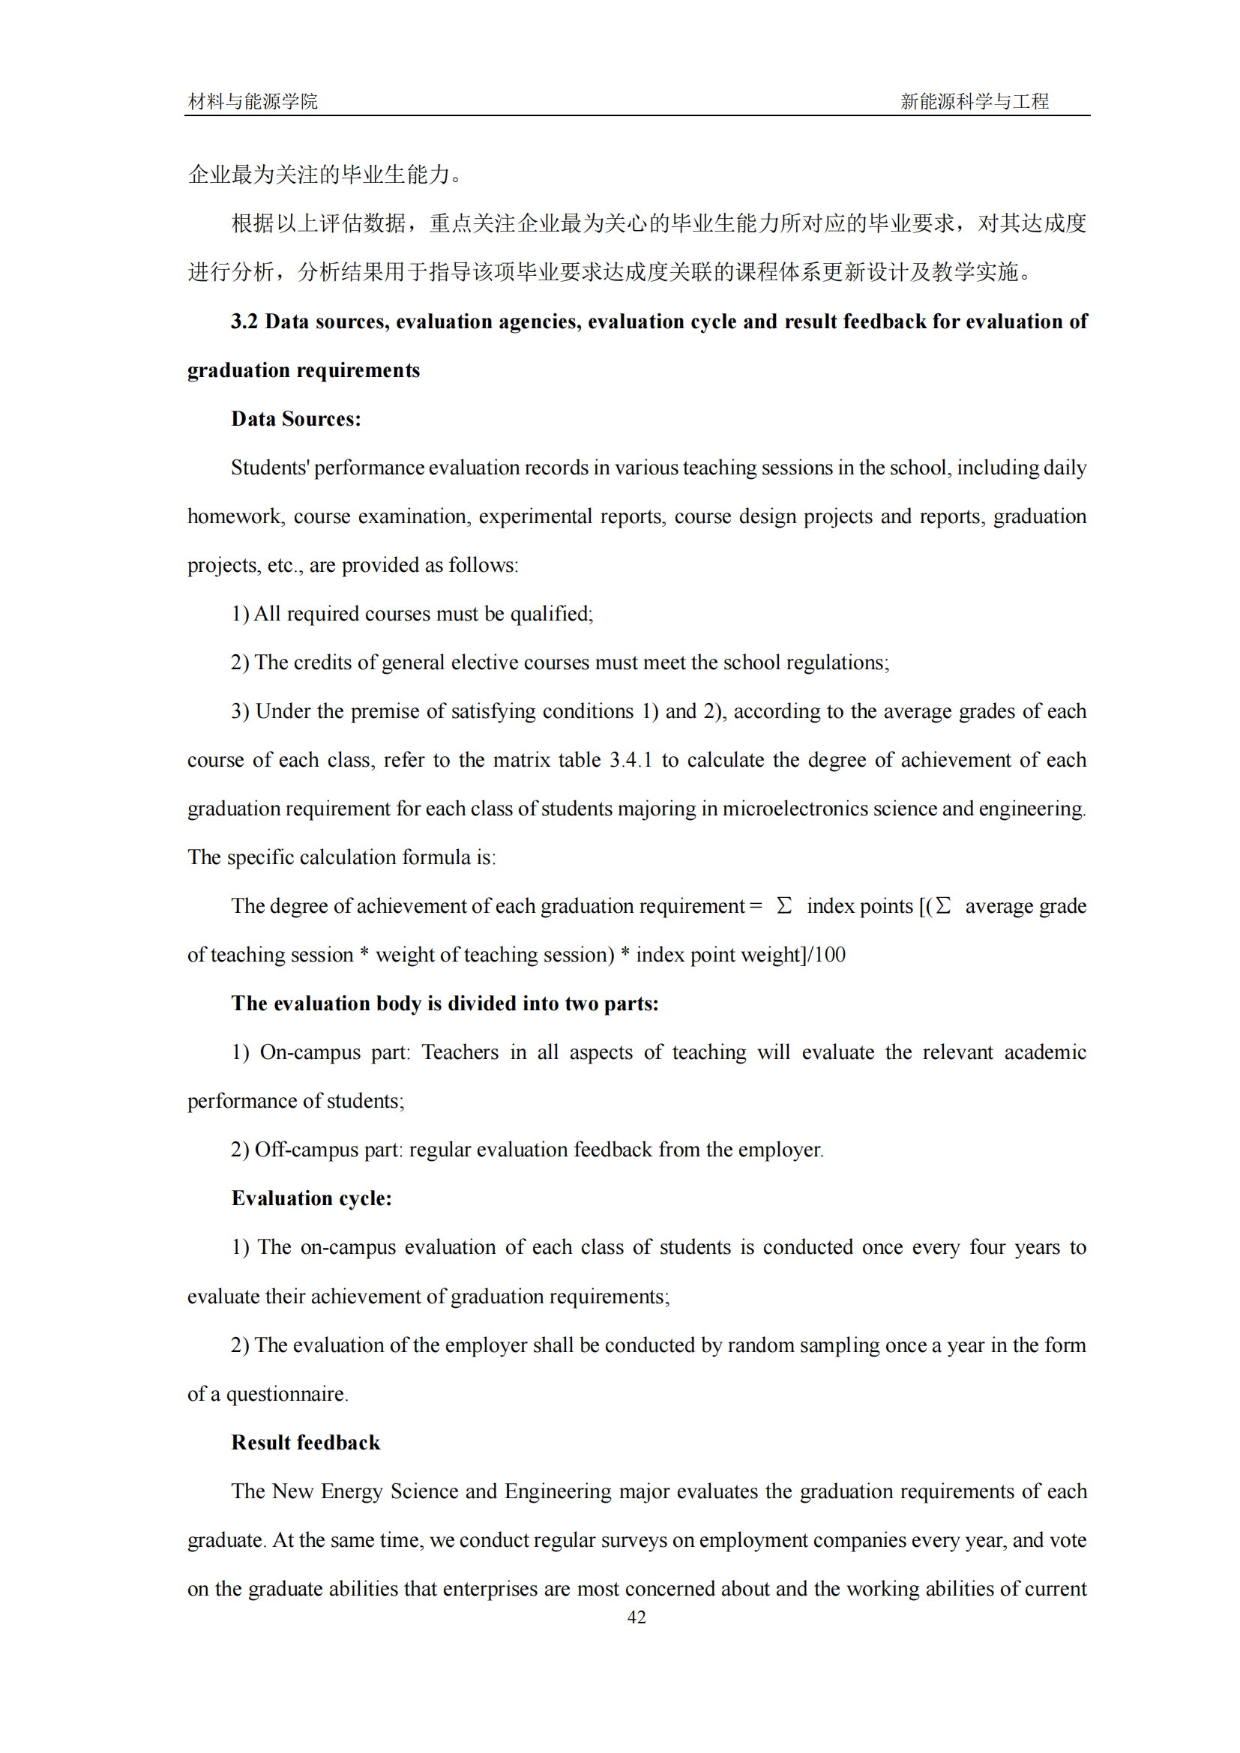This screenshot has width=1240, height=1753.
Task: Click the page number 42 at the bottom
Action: [x=636, y=1617]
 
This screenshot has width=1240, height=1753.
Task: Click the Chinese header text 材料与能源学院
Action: [x=253, y=101]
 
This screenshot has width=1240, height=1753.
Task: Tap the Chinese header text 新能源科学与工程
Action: [x=975, y=101]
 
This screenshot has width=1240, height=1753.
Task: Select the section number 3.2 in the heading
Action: [x=244, y=322]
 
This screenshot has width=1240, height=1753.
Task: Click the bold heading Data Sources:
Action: [x=296, y=419]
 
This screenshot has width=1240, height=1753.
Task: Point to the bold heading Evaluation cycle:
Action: [x=312, y=1198]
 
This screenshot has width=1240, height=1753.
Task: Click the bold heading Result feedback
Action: [x=305, y=1442]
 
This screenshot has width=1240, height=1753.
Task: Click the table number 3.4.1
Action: [x=630, y=760]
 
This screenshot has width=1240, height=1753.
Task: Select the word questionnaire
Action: [x=286, y=1394]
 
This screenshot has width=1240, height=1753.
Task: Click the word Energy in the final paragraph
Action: [x=351, y=1491]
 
